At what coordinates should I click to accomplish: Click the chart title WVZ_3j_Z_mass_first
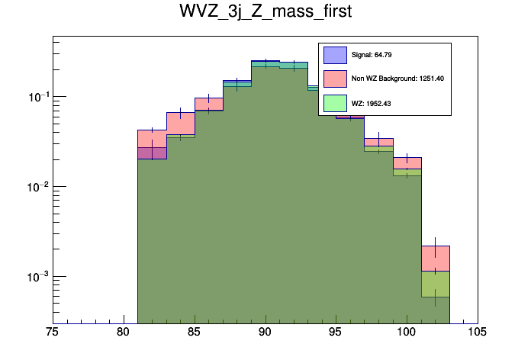(265, 13)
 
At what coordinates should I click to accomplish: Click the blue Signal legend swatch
(336, 55)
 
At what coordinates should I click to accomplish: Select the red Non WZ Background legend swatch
(336, 79)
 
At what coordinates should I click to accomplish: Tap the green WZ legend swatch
(336, 103)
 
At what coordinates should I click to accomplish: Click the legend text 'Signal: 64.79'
(372, 55)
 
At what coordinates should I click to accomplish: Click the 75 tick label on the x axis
(53, 333)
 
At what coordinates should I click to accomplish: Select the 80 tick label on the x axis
(124, 333)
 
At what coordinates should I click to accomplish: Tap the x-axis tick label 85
(195, 333)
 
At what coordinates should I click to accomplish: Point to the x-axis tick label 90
(265, 333)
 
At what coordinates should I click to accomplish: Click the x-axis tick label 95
(336, 333)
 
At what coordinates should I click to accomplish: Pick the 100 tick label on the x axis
(407, 333)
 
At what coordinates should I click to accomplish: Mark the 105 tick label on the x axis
(478, 333)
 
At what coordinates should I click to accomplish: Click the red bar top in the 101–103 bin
(436, 246)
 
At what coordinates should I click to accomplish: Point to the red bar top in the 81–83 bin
(152, 130)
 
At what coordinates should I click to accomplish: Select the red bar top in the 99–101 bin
(407, 158)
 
